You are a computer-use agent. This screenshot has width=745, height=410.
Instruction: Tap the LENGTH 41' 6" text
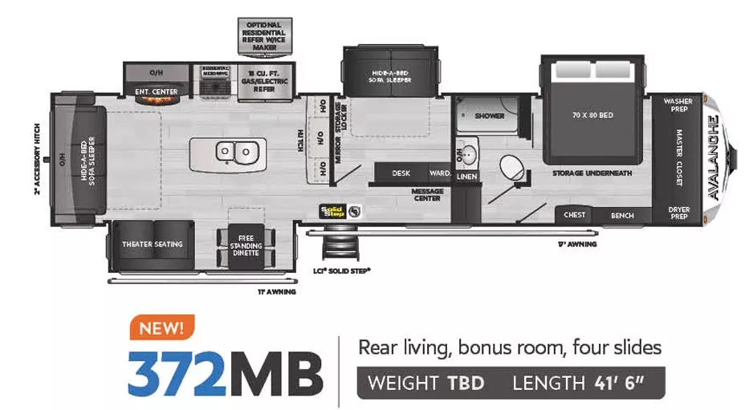(x=571, y=383)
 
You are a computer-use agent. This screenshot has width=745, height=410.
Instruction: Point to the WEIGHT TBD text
(x=425, y=383)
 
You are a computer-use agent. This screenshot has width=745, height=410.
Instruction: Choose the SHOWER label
(x=489, y=116)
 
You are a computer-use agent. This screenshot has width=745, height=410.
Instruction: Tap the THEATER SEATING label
(x=152, y=244)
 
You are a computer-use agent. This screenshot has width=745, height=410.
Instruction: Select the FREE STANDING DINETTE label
(x=246, y=245)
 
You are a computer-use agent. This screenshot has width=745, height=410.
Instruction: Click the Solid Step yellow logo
(x=332, y=211)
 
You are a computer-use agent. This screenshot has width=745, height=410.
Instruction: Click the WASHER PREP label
(x=678, y=105)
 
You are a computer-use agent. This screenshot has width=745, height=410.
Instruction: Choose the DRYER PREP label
(x=678, y=213)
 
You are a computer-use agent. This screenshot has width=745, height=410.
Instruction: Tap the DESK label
(x=401, y=173)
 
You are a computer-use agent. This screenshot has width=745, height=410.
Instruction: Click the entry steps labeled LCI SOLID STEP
(x=335, y=249)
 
